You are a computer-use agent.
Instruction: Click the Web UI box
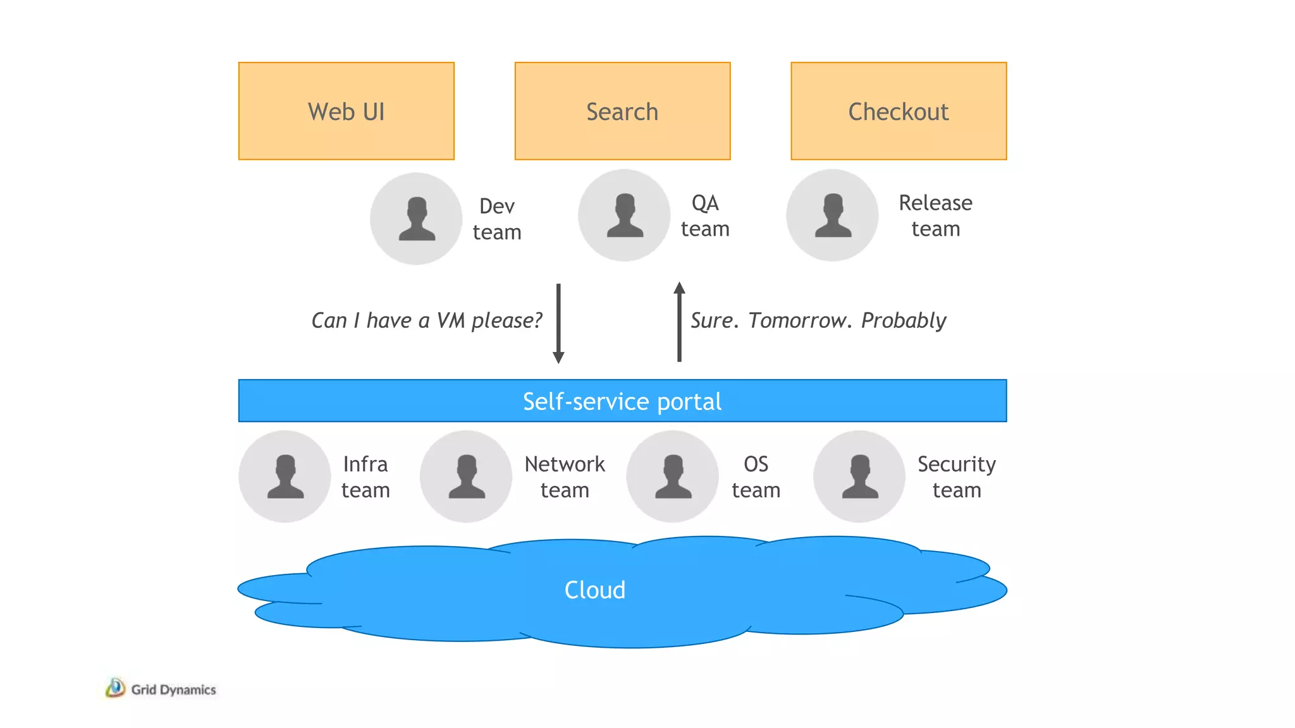tap(346, 111)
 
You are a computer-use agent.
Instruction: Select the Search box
tap(622, 111)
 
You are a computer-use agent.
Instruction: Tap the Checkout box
tap(898, 111)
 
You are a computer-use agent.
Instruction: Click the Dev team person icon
tap(416, 219)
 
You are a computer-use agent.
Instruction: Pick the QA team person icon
tap(624, 215)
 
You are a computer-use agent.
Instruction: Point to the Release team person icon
tap(832, 215)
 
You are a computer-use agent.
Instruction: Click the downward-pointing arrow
tap(558, 323)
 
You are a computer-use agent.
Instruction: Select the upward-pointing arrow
tap(679, 322)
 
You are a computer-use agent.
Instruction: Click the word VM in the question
tap(450, 320)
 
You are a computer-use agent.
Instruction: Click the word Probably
tap(903, 321)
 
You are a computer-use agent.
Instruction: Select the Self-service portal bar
tap(622, 401)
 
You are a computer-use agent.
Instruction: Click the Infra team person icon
tap(285, 476)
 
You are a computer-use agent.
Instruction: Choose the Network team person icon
tap(466, 476)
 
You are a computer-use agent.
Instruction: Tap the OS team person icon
tap(672, 476)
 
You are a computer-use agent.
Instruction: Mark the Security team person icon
tap(859, 476)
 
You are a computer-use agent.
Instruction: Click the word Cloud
tap(594, 590)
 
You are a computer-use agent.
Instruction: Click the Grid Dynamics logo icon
tap(115, 688)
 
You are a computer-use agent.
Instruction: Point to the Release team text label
tap(935, 215)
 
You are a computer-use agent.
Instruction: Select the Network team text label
tap(565, 476)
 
